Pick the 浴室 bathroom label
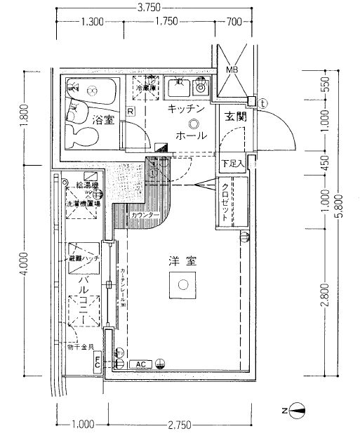(x=104, y=120)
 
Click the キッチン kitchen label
(x=185, y=109)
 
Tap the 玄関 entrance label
(x=235, y=118)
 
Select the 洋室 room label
(x=181, y=260)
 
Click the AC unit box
(x=140, y=364)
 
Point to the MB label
(x=232, y=70)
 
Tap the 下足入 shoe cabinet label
(x=232, y=164)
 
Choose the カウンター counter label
(x=145, y=214)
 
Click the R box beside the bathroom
(x=131, y=111)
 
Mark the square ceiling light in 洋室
(x=183, y=285)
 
